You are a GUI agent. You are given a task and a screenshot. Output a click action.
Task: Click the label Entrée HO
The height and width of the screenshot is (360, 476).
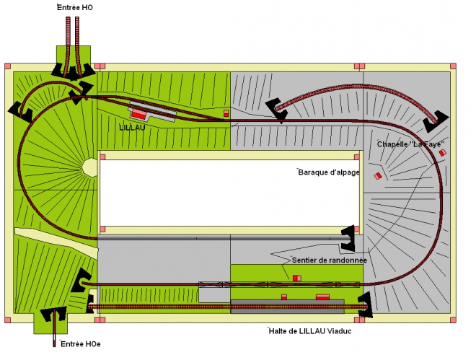tap(75, 8)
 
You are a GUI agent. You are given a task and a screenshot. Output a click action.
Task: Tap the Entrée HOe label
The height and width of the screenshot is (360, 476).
tap(81, 344)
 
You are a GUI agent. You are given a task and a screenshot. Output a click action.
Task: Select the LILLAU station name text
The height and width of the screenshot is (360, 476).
tap(133, 128)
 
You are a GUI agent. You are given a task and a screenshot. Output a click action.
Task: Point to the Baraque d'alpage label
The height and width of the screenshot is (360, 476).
tap(329, 172)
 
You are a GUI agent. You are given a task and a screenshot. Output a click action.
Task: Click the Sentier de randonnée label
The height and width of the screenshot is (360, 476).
tap(330, 260)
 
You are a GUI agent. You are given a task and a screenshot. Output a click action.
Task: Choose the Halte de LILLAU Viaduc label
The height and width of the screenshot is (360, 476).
tap(310, 331)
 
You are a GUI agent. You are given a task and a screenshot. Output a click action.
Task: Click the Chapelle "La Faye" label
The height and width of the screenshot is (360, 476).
tap(411, 144)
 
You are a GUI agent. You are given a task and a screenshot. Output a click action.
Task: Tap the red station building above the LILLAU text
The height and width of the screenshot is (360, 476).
tap(138, 114)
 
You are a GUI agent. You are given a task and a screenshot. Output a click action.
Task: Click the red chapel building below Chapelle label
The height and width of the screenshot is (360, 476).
tap(443, 152)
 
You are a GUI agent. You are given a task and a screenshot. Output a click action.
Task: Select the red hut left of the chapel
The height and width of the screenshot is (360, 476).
tap(378, 176)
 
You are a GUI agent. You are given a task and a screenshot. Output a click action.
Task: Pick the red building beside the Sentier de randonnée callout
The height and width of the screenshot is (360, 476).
tap(297, 278)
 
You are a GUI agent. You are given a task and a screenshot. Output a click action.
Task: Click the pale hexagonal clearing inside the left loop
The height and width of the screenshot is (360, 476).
tap(90, 167)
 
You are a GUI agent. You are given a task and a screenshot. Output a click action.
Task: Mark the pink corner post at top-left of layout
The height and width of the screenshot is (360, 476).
tap(8, 66)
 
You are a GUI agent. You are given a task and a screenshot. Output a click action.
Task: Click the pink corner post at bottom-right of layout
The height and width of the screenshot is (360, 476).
tap(453, 320)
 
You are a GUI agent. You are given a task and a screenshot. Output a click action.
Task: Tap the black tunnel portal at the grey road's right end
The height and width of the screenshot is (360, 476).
tap(348, 239)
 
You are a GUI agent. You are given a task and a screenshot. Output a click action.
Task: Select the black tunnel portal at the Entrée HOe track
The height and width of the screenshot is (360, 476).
tap(54, 314)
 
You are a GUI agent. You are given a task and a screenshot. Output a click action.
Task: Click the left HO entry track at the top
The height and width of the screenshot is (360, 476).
tap(68, 45)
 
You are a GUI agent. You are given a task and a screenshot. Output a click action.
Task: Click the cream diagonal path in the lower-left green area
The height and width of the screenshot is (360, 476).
tap(56, 242)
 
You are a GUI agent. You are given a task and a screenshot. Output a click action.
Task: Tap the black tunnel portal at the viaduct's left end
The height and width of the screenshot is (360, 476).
tap(277, 110)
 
